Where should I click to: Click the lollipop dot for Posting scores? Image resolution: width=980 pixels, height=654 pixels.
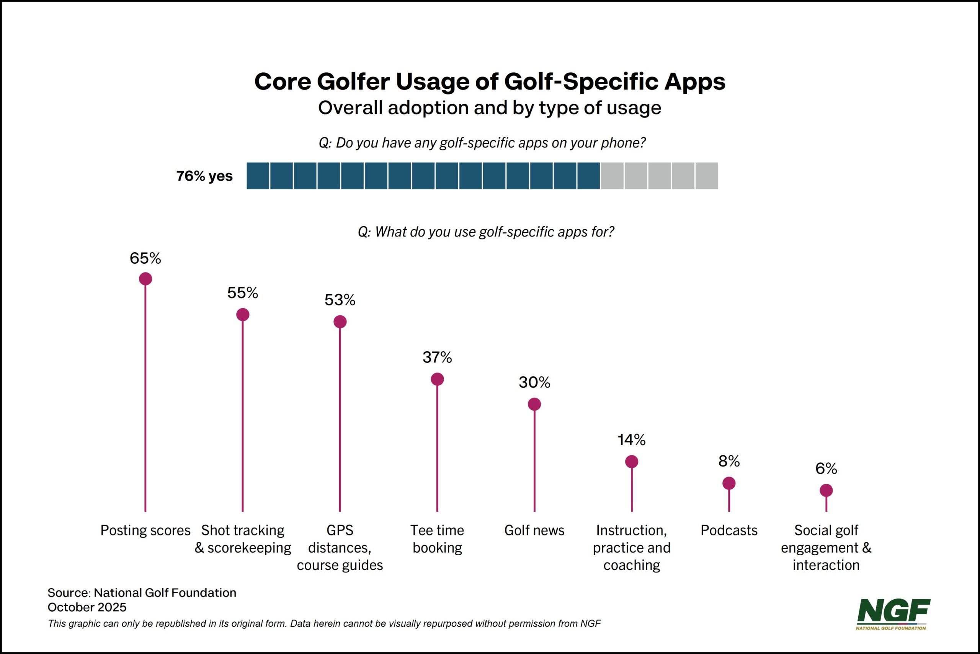(x=145, y=279)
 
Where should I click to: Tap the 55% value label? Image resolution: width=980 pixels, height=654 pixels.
(x=242, y=293)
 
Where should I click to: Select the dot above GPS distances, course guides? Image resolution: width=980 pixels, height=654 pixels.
(x=340, y=321)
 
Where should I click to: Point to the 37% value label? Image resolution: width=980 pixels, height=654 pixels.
(x=437, y=357)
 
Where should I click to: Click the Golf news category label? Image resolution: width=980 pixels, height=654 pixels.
(x=534, y=530)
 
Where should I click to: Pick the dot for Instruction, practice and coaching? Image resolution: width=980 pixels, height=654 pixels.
(x=632, y=462)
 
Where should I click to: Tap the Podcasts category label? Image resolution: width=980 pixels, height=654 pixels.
(x=729, y=530)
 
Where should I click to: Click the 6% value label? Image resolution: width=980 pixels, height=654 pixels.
(x=826, y=469)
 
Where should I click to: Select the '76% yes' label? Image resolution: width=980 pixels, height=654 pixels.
(x=204, y=176)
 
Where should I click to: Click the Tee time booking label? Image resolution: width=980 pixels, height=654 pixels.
(x=437, y=539)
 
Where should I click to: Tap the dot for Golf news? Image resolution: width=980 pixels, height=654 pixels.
(x=534, y=404)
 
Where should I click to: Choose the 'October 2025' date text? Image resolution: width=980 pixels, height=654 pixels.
(x=87, y=607)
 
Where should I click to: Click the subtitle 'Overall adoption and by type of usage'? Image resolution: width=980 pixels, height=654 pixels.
(x=489, y=108)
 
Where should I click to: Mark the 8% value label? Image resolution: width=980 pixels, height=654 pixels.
(x=729, y=461)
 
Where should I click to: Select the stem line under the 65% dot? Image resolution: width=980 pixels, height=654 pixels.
(x=145, y=396)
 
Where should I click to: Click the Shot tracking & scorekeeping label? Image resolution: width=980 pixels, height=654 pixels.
(x=242, y=539)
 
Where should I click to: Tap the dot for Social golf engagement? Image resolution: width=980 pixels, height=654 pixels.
(x=826, y=491)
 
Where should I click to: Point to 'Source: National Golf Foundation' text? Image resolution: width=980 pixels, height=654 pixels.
(x=142, y=593)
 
